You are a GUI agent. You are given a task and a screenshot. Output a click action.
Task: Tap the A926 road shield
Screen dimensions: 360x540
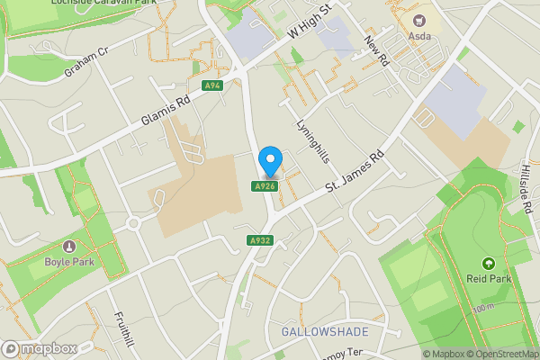[x=264, y=186]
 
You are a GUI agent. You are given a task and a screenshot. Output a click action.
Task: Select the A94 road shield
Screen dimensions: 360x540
[x=213, y=86]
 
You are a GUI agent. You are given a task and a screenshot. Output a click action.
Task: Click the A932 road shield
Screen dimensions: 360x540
[x=260, y=240]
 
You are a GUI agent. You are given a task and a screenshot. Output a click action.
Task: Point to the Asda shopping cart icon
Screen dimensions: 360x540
[x=418, y=20]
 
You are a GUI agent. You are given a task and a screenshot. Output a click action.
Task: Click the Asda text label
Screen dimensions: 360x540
[x=419, y=36]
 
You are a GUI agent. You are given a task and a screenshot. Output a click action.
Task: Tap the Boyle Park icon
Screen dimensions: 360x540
[x=69, y=247]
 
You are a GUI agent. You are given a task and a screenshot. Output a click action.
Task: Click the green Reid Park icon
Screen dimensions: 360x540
[x=488, y=264]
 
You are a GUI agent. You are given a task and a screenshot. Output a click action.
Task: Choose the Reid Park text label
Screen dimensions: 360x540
[x=488, y=279]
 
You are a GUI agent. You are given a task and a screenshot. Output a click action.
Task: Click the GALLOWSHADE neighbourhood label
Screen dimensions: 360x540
[x=325, y=332]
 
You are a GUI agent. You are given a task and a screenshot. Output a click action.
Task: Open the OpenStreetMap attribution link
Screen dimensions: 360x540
[x=500, y=354]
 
